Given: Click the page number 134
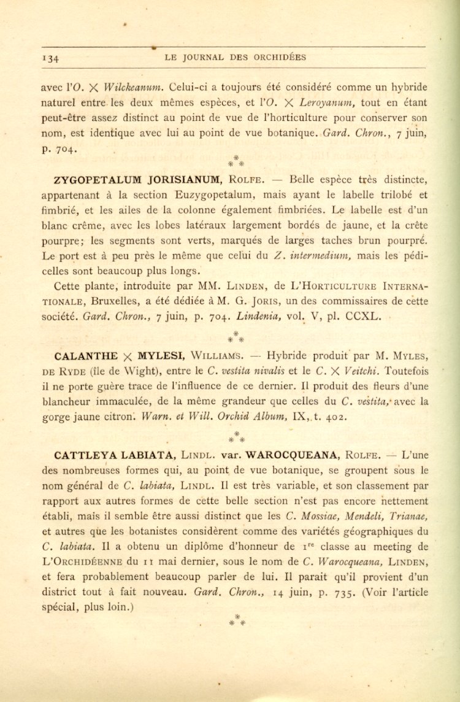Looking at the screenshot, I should click(50, 59).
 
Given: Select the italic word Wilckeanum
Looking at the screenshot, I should click(133, 87).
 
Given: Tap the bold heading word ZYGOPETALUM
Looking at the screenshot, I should click(97, 180).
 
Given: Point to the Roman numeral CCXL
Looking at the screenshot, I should click(363, 317).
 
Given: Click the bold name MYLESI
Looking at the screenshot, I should click(158, 356).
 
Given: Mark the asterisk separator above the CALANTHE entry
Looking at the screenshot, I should click(236, 336).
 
